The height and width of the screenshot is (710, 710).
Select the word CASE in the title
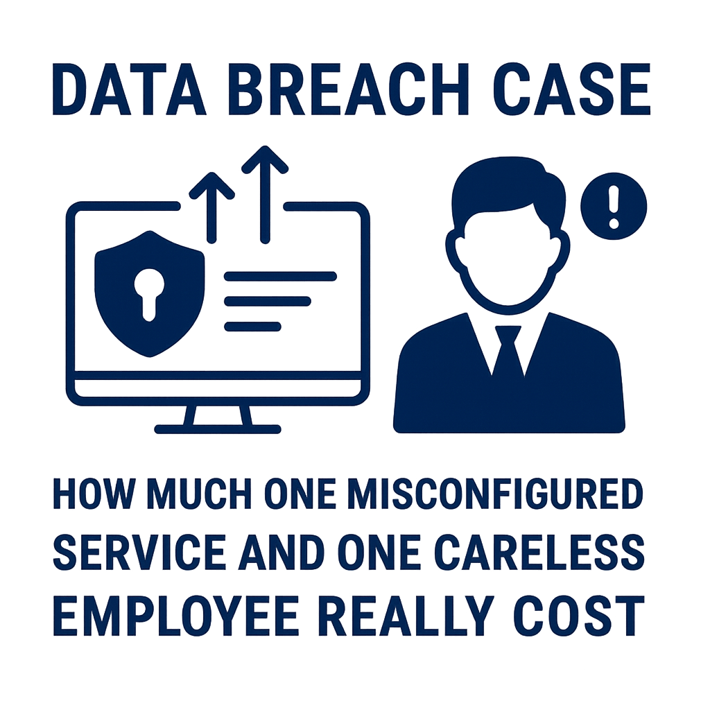(572, 89)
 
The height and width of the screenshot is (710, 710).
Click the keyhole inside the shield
(150, 294)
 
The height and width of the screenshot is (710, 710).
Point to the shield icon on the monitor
(150, 293)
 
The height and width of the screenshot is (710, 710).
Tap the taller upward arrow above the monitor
(265, 194)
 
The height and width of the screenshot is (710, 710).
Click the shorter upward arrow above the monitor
(211, 207)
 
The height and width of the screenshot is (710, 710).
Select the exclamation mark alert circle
(614, 207)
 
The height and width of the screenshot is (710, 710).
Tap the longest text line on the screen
(280, 276)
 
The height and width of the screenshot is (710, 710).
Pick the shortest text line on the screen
(252, 326)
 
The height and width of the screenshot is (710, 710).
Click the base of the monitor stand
(217, 428)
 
